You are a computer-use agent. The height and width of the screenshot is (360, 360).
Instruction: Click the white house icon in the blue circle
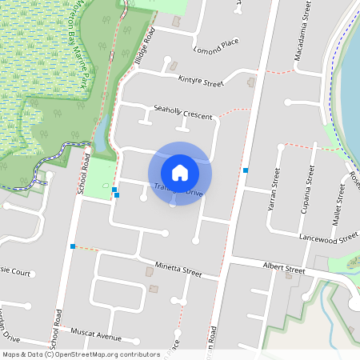180,172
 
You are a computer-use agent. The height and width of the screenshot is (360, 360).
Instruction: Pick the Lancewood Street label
328,238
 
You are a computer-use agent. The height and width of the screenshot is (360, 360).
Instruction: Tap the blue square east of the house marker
246,170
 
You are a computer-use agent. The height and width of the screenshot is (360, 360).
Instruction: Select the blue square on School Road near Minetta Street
73,246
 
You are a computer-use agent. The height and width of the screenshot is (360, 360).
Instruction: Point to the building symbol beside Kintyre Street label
251,82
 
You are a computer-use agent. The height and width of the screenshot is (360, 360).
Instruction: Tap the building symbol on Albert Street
289,276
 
